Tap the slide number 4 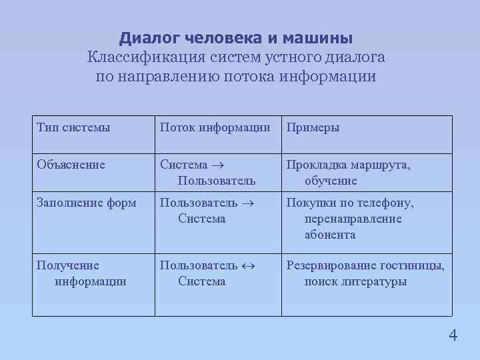[x=453, y=335]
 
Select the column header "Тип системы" [x=73, y=127]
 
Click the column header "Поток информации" [x=215, y=127]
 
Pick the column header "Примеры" [x=313, y=127]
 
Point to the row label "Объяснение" [x=71, y=165]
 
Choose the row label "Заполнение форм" [x=87, y=203]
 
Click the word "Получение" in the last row [x=68, y=265]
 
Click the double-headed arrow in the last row [x=247, y=265]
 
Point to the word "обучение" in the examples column [x=331, y=181]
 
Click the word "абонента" [x=330, y=235]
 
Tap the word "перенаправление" [x=353, y=219]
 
